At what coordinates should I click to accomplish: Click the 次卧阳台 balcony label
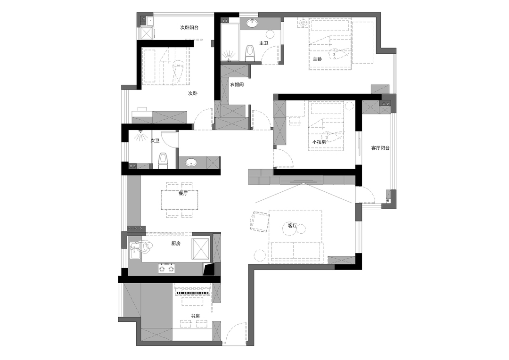(x=189, y=28)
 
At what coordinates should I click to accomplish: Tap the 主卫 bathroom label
(x=264, y=43)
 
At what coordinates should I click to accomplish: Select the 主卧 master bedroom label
(x=318, y=59)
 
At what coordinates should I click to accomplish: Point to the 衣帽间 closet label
(x=237, y=84)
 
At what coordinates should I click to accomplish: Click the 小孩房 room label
(x=319, y=142)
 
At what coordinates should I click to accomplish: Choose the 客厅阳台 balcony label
(x=380, y=148)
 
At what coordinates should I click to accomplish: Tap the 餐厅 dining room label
(x=183, y=194)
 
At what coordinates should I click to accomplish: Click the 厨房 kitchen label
(x=176, y=244)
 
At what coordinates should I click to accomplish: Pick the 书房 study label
(x=196, y=316)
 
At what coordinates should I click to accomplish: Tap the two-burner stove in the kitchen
(x=166, y=269)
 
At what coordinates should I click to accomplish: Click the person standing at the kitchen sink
(x=145, y=247)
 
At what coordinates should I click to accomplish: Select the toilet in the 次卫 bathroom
(x=163, y=161)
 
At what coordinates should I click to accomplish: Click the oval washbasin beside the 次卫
(x=191, y=162)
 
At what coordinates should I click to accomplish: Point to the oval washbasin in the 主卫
(x=252, y=24)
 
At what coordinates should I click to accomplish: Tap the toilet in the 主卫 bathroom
(x=250, y=53)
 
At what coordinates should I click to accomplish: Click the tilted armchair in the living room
(x=259, y=222)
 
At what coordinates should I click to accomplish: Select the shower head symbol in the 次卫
(x=141, y=135)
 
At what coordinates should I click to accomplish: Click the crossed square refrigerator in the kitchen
(x=201, y=249)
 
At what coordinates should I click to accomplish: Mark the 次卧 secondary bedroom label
(x=193, y=93)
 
